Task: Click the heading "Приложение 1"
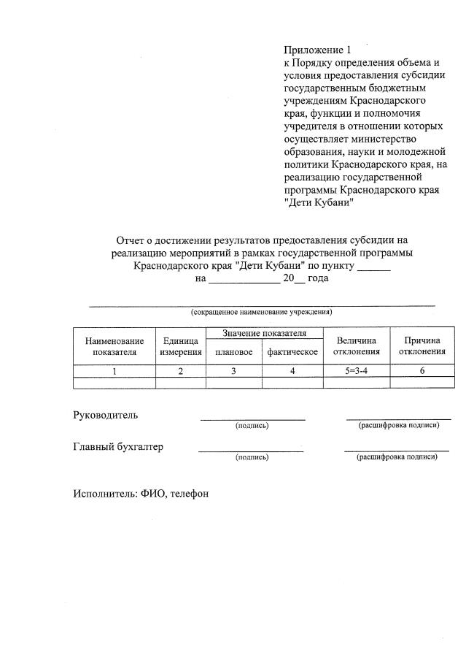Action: [x=317, y=50]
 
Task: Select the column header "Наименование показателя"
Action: [x=114, y=346]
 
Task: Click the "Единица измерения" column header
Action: [x=181, y=346]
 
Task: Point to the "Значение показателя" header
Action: [x=263, y=334]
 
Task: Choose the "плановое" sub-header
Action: [x=233, y=352]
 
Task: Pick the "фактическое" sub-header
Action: [x=292, y=352]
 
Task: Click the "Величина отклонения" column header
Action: [x=357, y=346]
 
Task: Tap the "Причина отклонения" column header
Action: [x=422, y=346]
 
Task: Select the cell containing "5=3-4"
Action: [x=357, y=371]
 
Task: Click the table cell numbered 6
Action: [x=422, y=371]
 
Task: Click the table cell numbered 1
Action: [x=114, y=371]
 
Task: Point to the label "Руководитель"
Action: [x=105, y=415]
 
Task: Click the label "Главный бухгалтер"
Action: [x=117, y=447]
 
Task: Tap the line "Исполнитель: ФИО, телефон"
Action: [x=141, y=494]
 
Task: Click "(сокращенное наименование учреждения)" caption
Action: [x=261, y=312]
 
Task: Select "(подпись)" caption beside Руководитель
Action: [x=252, y=425]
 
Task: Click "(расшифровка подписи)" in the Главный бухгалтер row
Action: [x=397, y=457]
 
